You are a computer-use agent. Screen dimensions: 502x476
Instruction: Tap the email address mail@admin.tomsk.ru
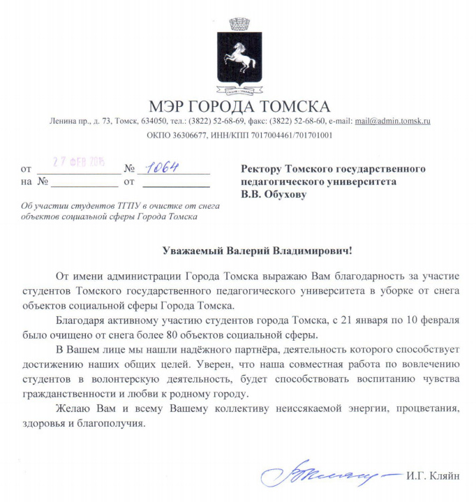(392, 121)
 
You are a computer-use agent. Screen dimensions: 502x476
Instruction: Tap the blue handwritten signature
(328, 475)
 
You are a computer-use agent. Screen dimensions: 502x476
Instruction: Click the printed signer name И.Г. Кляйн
(433, 476)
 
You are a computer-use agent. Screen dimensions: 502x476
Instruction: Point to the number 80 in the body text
(240, 334)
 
